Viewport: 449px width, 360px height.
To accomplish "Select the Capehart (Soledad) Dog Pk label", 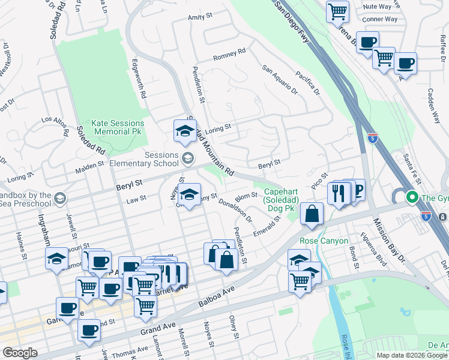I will click(x=280, y=200).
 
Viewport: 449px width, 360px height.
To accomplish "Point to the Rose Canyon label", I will click(x=324, y=241).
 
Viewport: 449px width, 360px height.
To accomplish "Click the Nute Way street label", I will click(x=378, y=6).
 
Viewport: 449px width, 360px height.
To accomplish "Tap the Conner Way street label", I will click(x=380, y=19).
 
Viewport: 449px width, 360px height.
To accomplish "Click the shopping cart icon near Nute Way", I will click(x=337, y=10).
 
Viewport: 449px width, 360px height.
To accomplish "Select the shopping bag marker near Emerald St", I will click(x=312, y=214).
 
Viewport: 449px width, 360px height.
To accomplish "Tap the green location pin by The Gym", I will click(x=412, y=197).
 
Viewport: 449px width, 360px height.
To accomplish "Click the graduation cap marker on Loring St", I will click(x=185, y=130).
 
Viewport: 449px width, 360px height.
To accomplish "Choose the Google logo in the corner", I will click(x=20, y=353).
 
